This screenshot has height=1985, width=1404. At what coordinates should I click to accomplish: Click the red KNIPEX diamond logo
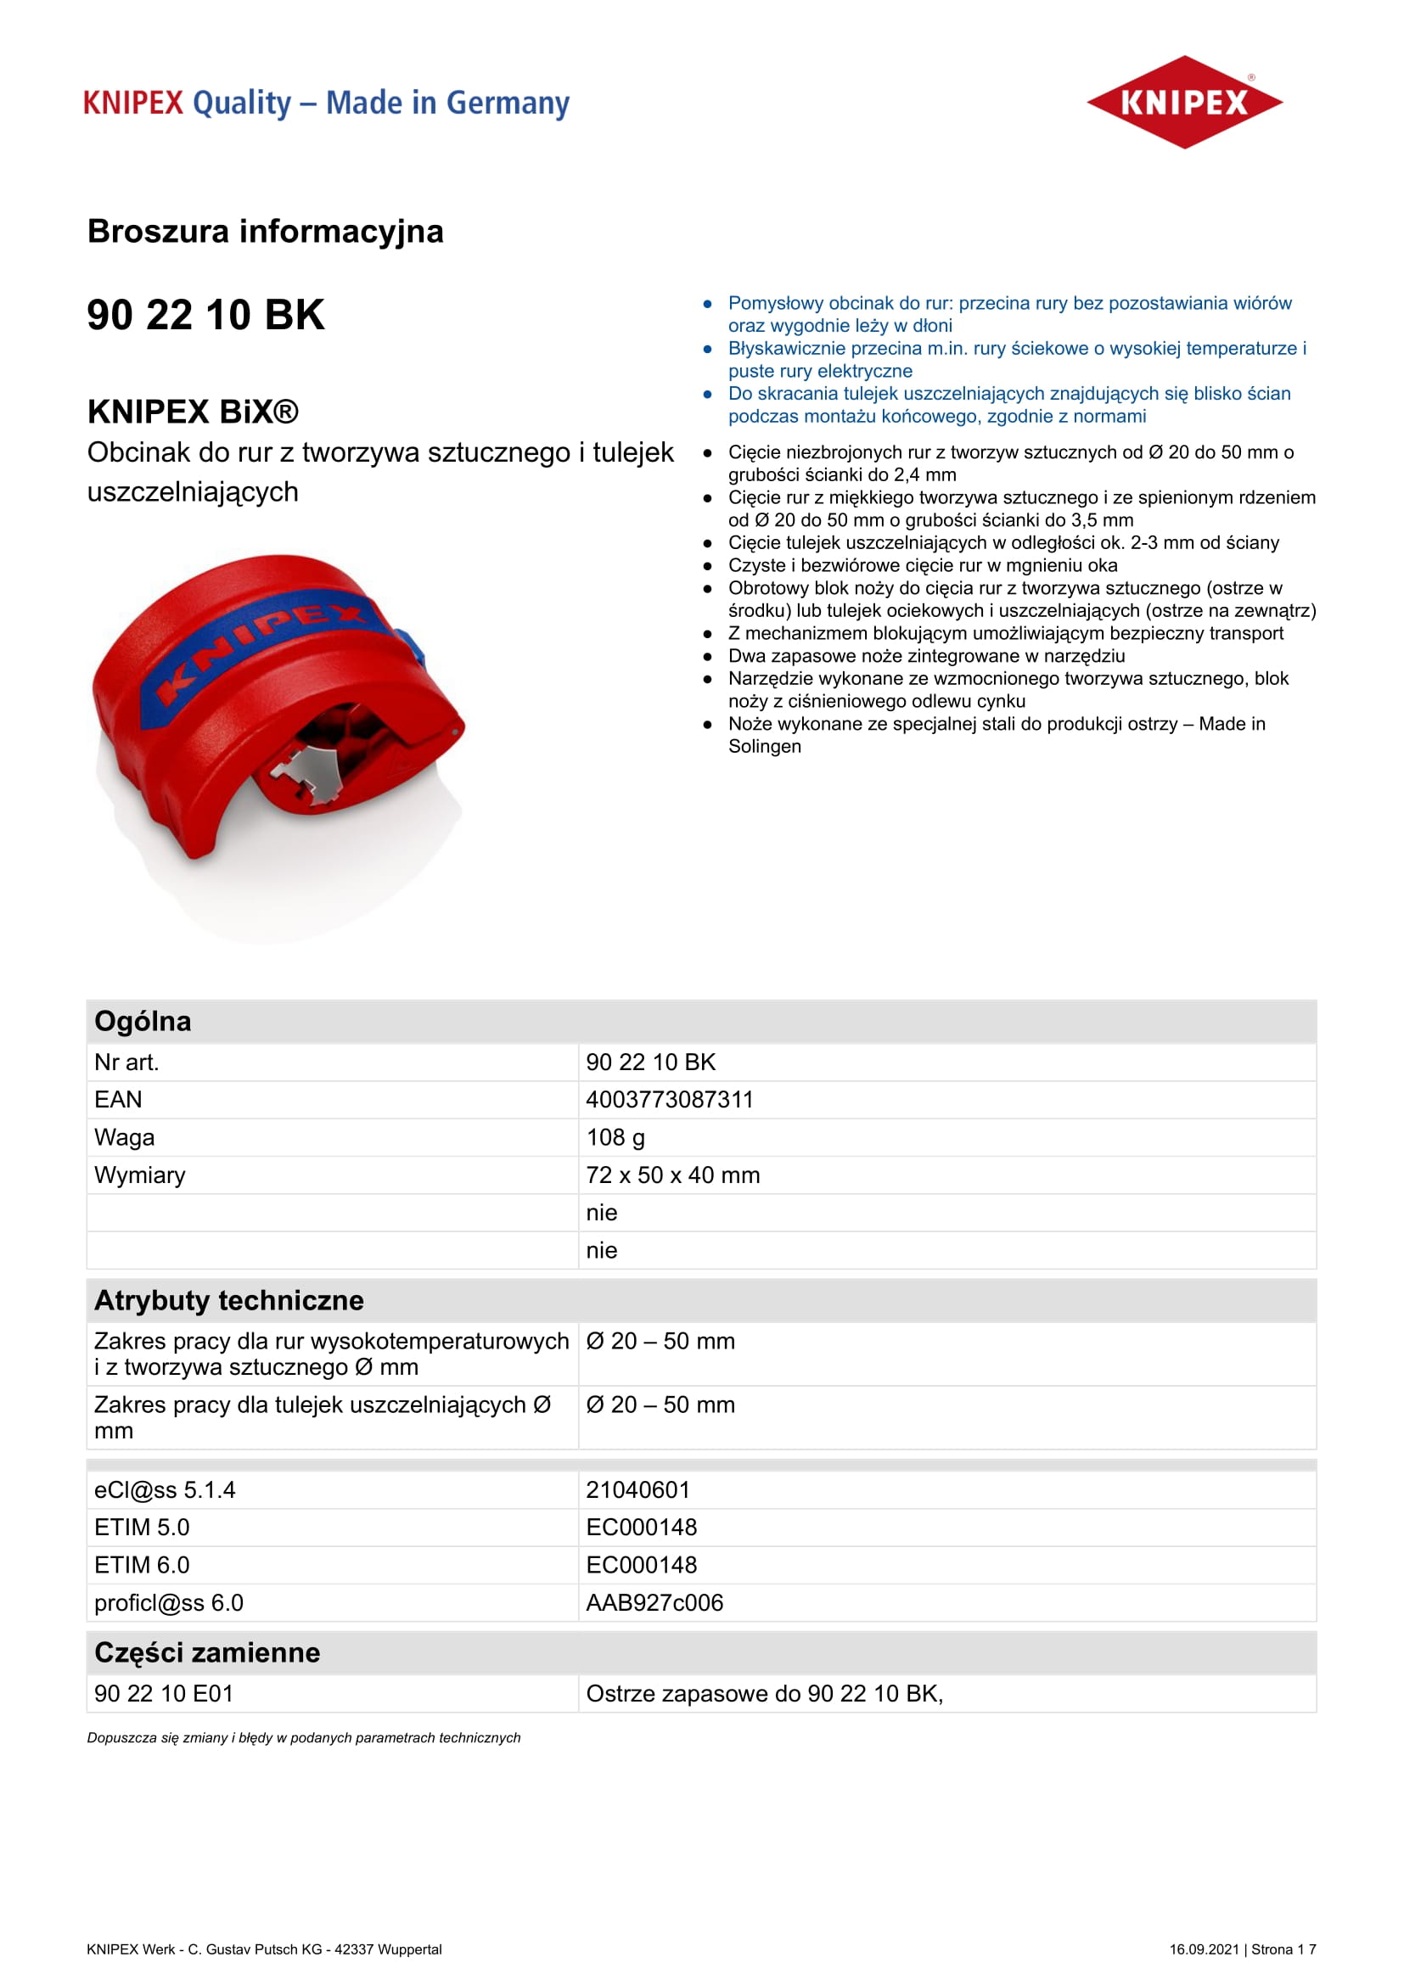(x=1183, y=102)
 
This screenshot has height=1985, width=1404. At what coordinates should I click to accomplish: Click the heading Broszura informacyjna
(x=266, y=232)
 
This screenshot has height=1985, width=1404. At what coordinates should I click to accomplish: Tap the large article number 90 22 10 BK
(x=205, y=315)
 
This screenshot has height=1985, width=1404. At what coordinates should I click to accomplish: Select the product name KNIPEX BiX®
(x=193, y=412)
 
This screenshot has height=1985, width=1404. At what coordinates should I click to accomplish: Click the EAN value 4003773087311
(x=669, y=1100)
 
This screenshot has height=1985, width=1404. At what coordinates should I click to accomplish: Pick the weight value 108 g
(x=615, y=1138)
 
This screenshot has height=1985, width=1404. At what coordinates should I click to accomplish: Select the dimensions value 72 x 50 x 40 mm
(x=672, y=1175)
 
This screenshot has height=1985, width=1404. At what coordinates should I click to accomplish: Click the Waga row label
(x=125, y=1138)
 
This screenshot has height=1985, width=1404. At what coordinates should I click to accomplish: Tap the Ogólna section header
(x=143, y=1022)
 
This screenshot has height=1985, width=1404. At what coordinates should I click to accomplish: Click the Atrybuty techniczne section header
(x=229, y=1301)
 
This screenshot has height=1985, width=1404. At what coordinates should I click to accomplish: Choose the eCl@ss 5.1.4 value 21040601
(x=638, y=1490)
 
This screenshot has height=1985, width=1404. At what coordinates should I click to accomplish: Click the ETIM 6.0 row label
(x=142, y=1566)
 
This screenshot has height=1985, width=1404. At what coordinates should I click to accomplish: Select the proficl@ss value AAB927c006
(x=654, y=1604)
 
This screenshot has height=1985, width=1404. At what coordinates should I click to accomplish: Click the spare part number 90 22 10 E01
(x=163, y=1695)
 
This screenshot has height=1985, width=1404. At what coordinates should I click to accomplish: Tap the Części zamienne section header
(x=207, y=1653)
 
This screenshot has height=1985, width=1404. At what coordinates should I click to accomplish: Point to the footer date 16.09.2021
(x=1205, y=1949)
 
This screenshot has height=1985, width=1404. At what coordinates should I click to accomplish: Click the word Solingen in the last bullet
(x=764, y=747)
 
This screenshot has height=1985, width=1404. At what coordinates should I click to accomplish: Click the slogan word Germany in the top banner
(x=508, y=104)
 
